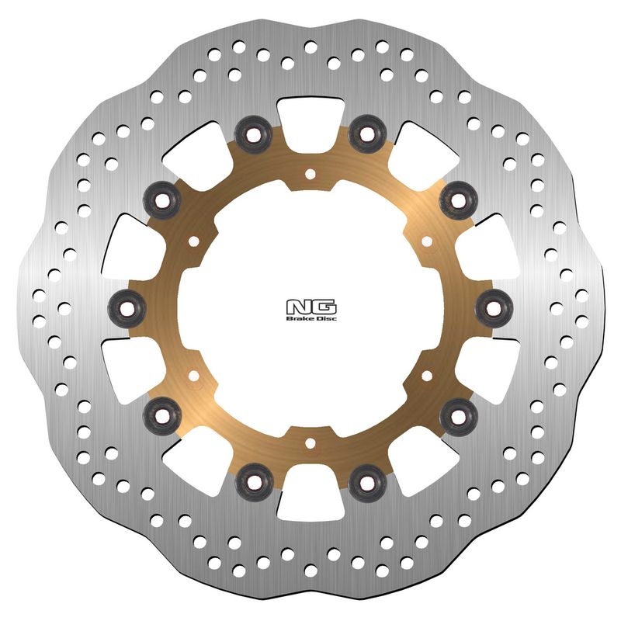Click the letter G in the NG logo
(323, 307)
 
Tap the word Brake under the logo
(297, 318)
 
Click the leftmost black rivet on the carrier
(127, 308)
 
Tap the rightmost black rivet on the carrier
(494, 308)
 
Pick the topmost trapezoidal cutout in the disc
(310, 126)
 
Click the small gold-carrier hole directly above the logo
(310, 174)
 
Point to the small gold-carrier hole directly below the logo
(310, 443)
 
